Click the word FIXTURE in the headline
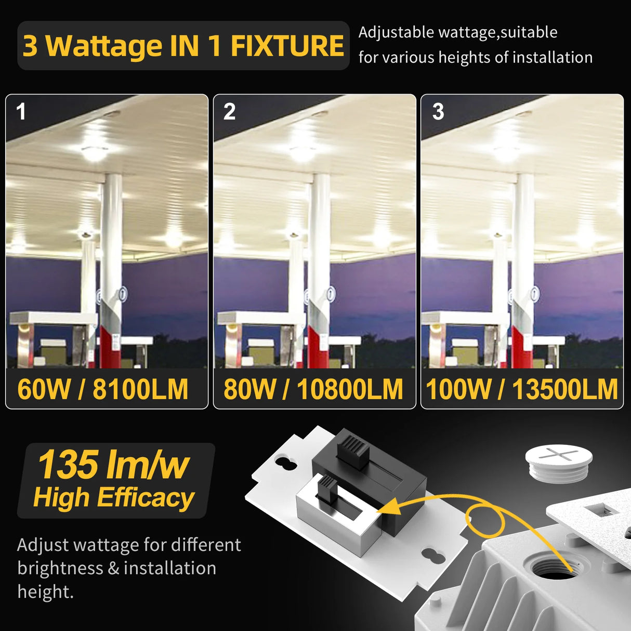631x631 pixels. tap(287, 46)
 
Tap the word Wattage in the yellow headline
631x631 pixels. tap(104, 46)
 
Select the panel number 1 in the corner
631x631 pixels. tap(21, 112)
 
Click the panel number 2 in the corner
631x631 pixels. tap(229, 112)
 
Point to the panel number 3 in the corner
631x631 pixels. tap(438, 112)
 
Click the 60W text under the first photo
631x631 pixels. tap(44, 389)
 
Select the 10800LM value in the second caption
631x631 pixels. tap(350, 389)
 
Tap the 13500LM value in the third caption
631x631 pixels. tap(565, 389)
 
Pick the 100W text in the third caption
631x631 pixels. tap(458, 389)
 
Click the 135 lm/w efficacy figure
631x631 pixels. tap(113, 465)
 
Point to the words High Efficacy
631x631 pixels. tap(113, 497)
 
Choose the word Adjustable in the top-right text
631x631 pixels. tap(397, 32)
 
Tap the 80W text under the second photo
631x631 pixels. tap(250, 389)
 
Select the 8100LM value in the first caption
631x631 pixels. tap(140, 389)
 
